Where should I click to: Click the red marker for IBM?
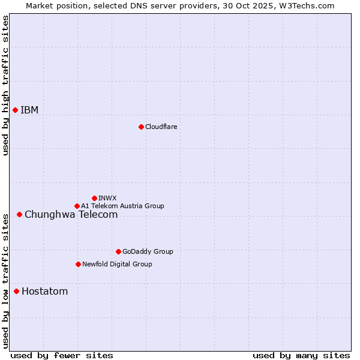[x=15, y=110]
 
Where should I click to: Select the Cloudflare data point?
[x=141, y=127]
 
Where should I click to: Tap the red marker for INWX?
[x=94, y=198]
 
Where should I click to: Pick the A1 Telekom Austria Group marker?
[x=77, y=206]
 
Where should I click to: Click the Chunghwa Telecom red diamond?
[x=19, y=214]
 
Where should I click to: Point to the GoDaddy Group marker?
[x=118, y=251]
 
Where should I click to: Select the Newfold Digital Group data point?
[x=78, y=264]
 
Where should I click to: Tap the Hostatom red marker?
[x=16, y=292]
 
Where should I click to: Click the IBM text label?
[x=29, y=110]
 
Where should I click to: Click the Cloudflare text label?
[x=161, y=127]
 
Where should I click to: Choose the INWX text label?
[x=107, y=198]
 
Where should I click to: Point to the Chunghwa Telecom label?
[x=71, y=214]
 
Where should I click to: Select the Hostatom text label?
[x=44, y=292]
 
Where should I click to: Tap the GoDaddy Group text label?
[x=147, y=251]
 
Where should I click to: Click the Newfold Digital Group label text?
[x=117, y=264]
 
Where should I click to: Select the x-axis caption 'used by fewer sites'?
[x=62, y=355]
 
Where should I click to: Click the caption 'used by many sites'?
[x=301, y=355]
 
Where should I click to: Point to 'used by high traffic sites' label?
[x=5, y=85]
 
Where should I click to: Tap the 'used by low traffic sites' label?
[x=5, y=280]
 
